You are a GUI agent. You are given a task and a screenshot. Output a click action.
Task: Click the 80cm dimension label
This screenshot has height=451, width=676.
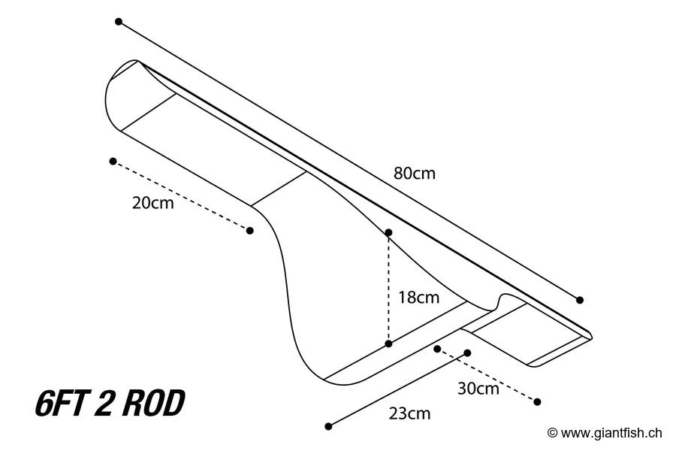414,173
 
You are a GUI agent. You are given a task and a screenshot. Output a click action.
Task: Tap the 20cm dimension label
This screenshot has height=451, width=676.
152,203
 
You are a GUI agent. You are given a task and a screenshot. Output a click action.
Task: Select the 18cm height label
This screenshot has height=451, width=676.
418,298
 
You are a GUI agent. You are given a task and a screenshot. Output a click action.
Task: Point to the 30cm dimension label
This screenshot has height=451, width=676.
478,389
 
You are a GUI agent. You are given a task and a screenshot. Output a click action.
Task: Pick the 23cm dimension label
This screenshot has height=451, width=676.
409,413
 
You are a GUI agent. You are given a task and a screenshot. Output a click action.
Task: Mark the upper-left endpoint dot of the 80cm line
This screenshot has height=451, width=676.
119,22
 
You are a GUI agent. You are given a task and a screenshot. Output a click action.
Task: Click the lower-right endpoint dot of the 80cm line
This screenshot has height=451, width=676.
580,300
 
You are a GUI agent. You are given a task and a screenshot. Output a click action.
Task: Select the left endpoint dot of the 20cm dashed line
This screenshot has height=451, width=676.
113,161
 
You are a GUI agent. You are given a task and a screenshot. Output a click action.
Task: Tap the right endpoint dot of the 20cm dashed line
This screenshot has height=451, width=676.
250,230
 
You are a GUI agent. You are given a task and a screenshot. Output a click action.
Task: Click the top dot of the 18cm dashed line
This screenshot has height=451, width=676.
388,232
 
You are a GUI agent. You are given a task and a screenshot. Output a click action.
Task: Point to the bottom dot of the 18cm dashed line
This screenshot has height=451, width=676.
388,344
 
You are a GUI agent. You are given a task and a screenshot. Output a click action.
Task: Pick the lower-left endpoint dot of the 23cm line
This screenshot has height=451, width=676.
328,426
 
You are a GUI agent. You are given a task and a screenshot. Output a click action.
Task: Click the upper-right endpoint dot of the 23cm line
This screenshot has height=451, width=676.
467,353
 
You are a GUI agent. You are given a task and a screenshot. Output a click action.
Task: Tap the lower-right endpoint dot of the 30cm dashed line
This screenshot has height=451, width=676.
537,401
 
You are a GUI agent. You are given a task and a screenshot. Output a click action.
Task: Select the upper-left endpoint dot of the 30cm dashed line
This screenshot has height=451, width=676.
437,349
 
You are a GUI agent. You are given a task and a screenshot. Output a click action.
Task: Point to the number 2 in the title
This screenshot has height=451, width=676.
104,404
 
